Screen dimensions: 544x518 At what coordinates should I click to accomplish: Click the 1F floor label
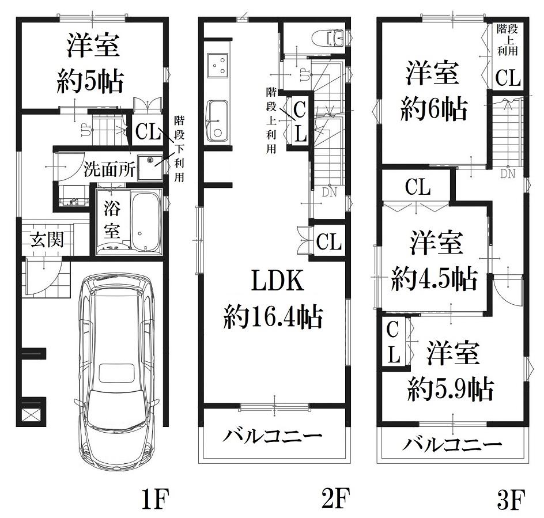click(155, 498)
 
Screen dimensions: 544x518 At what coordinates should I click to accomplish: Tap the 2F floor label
click(335, 498)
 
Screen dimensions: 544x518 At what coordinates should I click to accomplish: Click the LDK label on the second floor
click(278, 281)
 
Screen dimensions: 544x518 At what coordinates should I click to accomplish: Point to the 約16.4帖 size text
click(273, 316)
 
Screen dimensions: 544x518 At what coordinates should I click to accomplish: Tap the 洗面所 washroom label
click(109, 169)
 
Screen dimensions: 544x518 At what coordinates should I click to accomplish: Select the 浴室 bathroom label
click(112, 220)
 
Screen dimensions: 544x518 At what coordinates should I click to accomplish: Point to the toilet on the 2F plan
click(327, 38)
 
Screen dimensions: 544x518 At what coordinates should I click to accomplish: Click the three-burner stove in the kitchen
click(218, 66)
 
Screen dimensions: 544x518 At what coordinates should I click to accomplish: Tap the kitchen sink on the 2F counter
click(217, 121)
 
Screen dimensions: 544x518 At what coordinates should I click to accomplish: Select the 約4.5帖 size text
click(435, 279)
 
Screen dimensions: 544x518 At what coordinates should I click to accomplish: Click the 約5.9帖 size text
click(450, 389)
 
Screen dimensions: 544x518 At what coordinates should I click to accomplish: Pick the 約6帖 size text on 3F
click(434, 109)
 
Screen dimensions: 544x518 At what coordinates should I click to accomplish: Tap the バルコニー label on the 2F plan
click(273, 435)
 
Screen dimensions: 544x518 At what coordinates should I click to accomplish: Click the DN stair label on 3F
click(508, 174)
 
